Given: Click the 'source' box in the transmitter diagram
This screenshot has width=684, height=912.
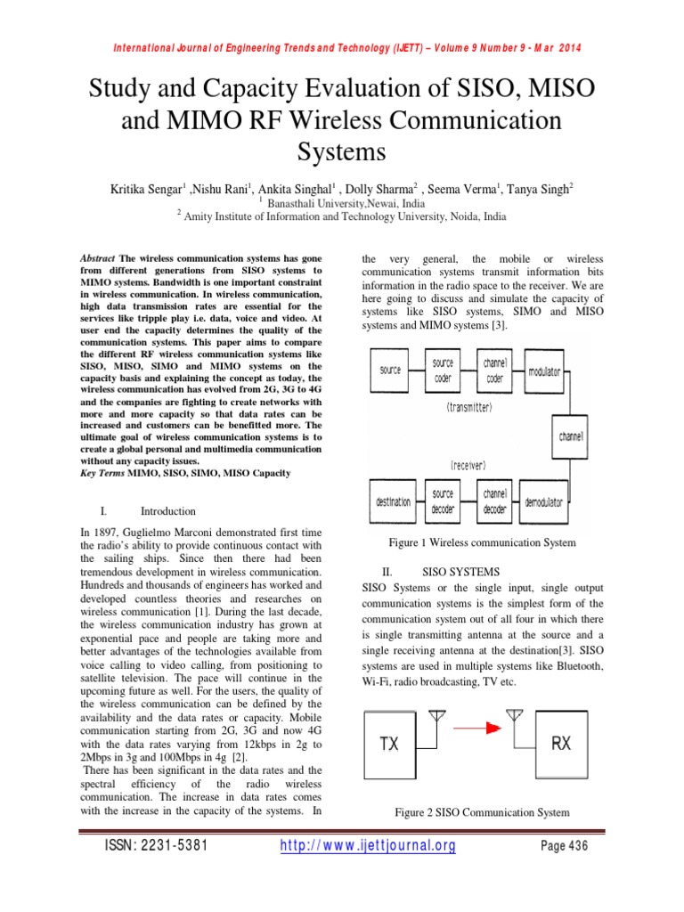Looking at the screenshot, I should [x=390, y=370].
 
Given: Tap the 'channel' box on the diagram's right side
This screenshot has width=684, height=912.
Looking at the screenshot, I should [x=571, y=437].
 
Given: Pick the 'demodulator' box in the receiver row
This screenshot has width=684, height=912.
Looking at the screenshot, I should [x=543, y=502].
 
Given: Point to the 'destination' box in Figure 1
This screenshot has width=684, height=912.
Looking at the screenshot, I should [x=392, y=502].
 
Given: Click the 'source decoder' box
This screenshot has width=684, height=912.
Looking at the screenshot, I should [x=443, y=501].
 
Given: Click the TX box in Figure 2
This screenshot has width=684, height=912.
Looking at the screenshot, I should [x=390, y=743].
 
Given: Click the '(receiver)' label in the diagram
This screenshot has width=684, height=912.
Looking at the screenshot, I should [x=470, y=464].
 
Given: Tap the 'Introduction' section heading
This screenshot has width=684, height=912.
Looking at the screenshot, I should [x=168, y=511].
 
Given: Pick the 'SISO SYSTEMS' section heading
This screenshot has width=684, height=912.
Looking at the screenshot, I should [x=460, y=571].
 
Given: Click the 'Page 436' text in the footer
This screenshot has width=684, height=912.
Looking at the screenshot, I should [x=565, y=847].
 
